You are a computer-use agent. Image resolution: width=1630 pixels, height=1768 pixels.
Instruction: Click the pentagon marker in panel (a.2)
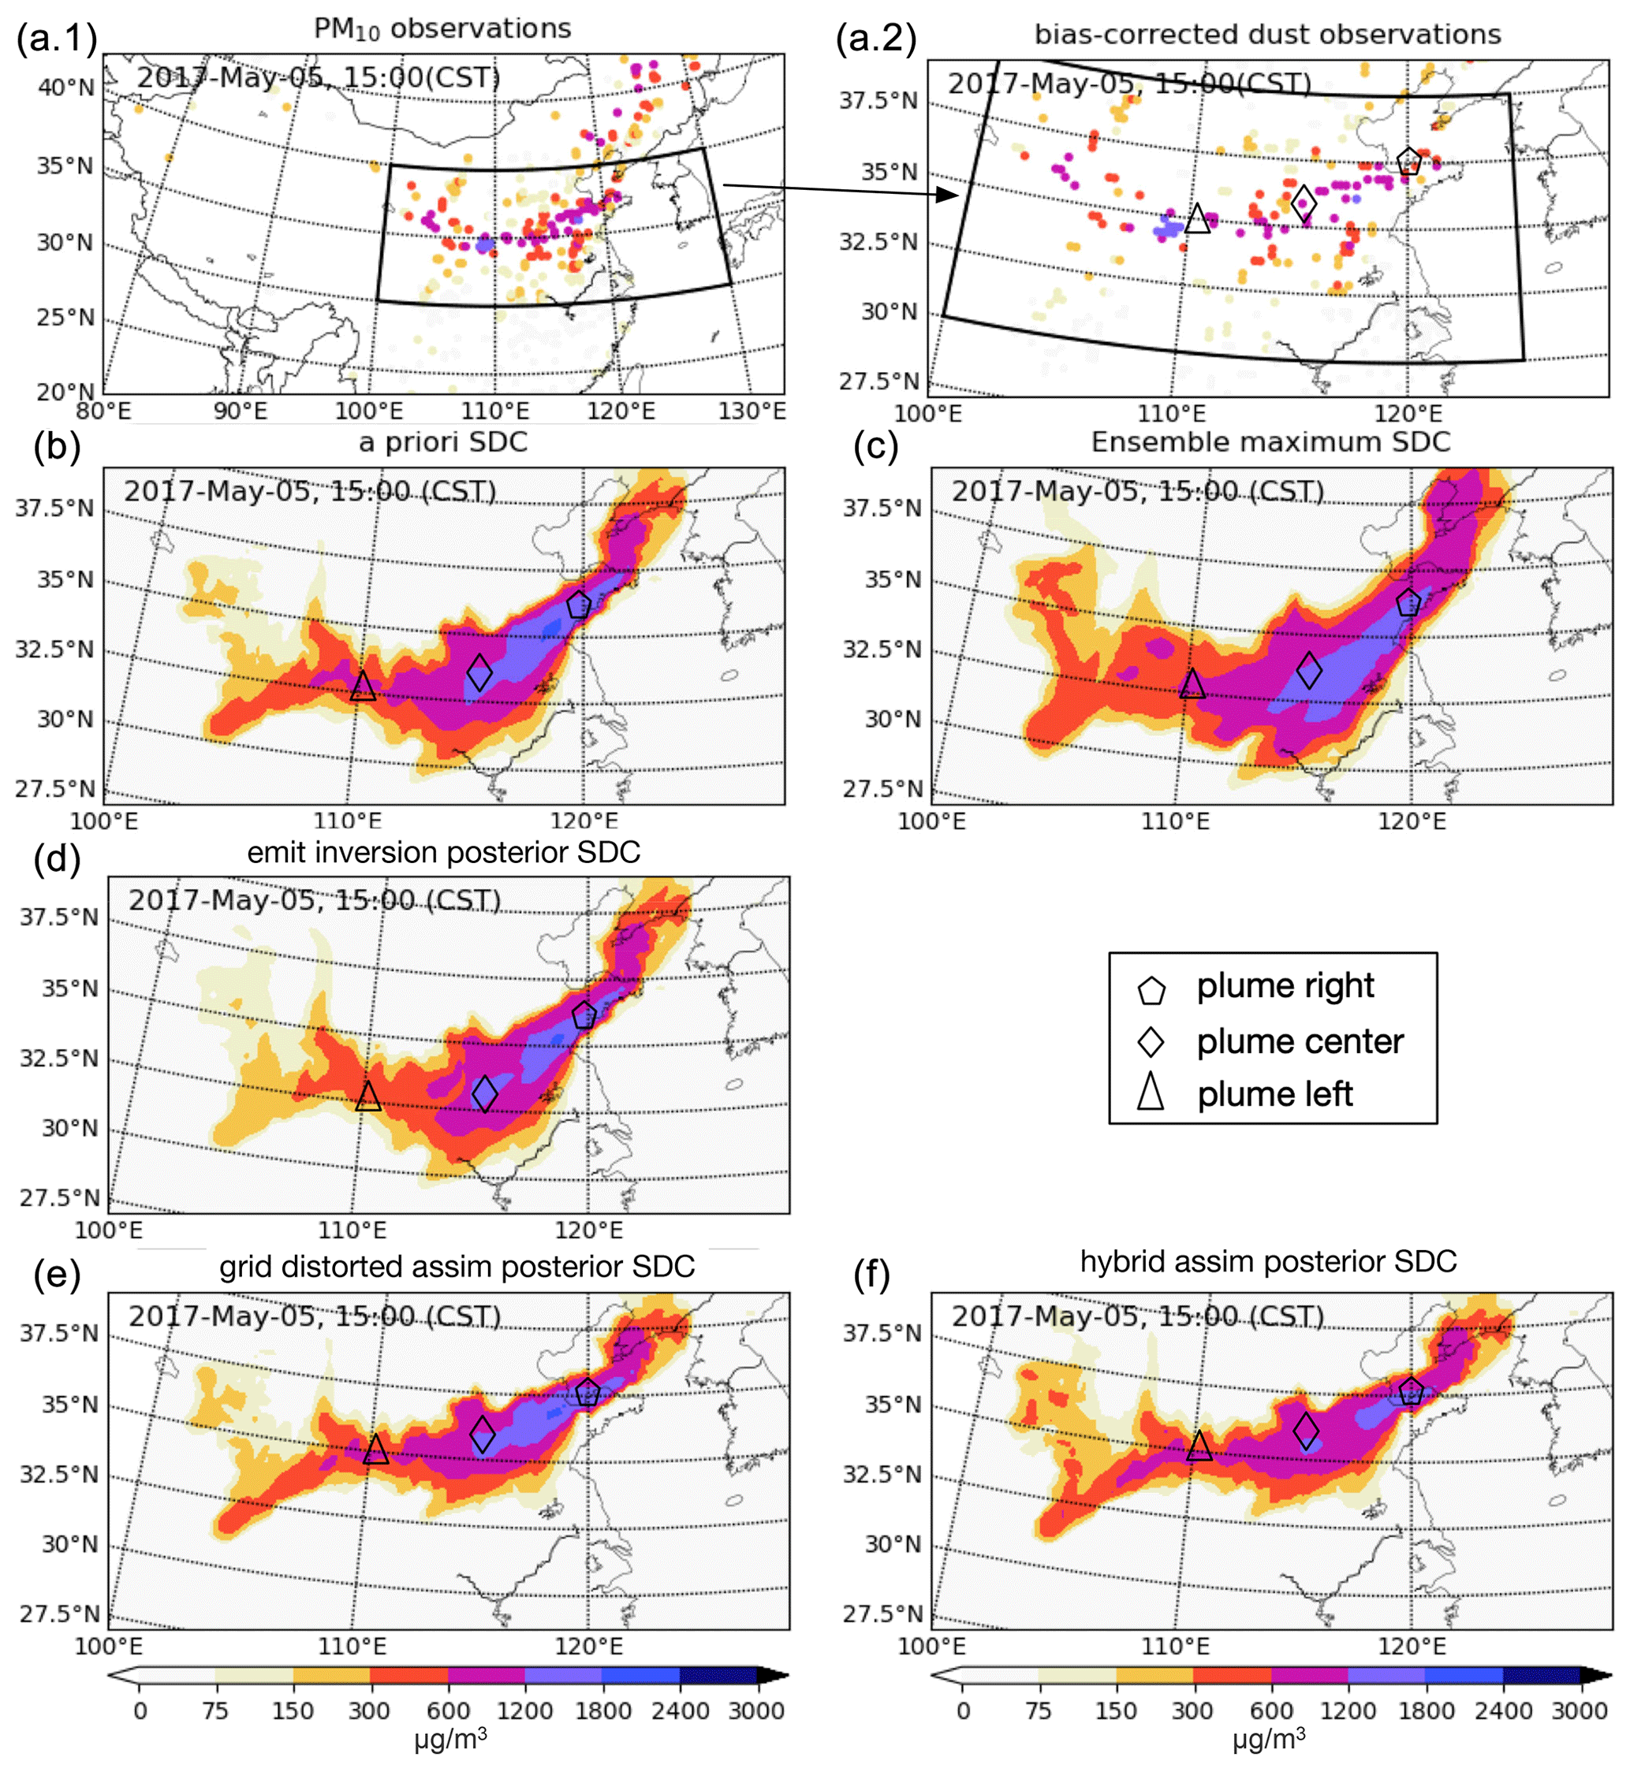coord(1408,162)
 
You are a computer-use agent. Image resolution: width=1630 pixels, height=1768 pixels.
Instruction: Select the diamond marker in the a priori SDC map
coord(479,672)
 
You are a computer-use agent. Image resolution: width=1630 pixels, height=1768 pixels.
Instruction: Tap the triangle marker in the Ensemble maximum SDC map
coord(1192,684)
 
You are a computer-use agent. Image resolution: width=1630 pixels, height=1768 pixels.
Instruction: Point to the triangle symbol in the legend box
coord(1151,1091)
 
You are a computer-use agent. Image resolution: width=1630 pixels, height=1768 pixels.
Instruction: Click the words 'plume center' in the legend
coord(1300,1041)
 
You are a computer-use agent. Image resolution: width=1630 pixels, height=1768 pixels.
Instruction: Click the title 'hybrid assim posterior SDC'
coord(1268,1261)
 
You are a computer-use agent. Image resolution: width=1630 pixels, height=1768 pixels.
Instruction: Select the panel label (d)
coord(58,857)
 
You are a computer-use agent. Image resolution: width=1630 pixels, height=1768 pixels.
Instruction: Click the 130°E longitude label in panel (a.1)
coord(752,411)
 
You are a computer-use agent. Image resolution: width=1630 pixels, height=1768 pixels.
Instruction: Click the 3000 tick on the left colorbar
coord(756,1710)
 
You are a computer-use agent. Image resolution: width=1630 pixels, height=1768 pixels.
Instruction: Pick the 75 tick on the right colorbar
coord(1037,1710)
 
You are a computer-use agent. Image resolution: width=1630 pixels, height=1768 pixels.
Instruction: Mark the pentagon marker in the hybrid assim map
coord(1412,1390)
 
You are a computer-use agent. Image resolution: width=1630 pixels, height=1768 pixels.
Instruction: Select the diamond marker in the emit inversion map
coord(484,1093)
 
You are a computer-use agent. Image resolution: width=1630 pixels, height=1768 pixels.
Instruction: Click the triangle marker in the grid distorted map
coord(375,1449)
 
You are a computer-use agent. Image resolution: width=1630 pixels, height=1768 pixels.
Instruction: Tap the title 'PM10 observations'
coord(442,29)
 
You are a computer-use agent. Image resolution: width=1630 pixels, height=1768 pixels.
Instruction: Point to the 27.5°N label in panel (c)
coord(881,788)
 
